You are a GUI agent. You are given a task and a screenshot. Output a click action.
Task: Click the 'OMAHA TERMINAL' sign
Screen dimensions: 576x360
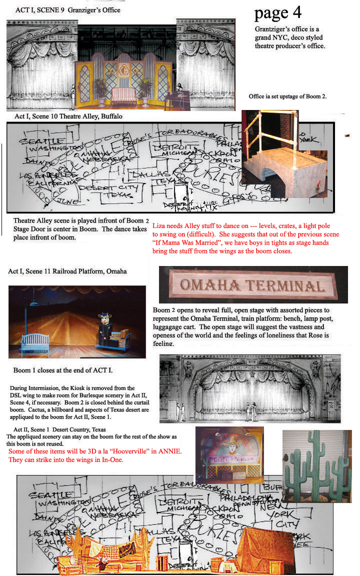pyautogui.click(x=252, y=285)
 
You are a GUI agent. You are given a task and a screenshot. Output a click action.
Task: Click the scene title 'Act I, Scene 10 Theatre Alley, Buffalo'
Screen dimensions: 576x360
pyautogui.click(x=68, y=116)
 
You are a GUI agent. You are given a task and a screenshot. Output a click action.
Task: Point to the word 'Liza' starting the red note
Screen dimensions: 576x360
pyautogui.click(x=159, y=225)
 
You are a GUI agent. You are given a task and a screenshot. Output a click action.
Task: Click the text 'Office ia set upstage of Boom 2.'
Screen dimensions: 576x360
pyautogui.click(x=287, y=96)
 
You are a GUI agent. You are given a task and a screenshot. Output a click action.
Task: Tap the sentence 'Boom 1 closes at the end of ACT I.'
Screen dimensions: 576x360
pyautogui.click(x=62, y=370)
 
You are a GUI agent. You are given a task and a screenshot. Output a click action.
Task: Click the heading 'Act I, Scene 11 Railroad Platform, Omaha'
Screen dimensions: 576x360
pyautogui.click(x=67, y=271)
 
